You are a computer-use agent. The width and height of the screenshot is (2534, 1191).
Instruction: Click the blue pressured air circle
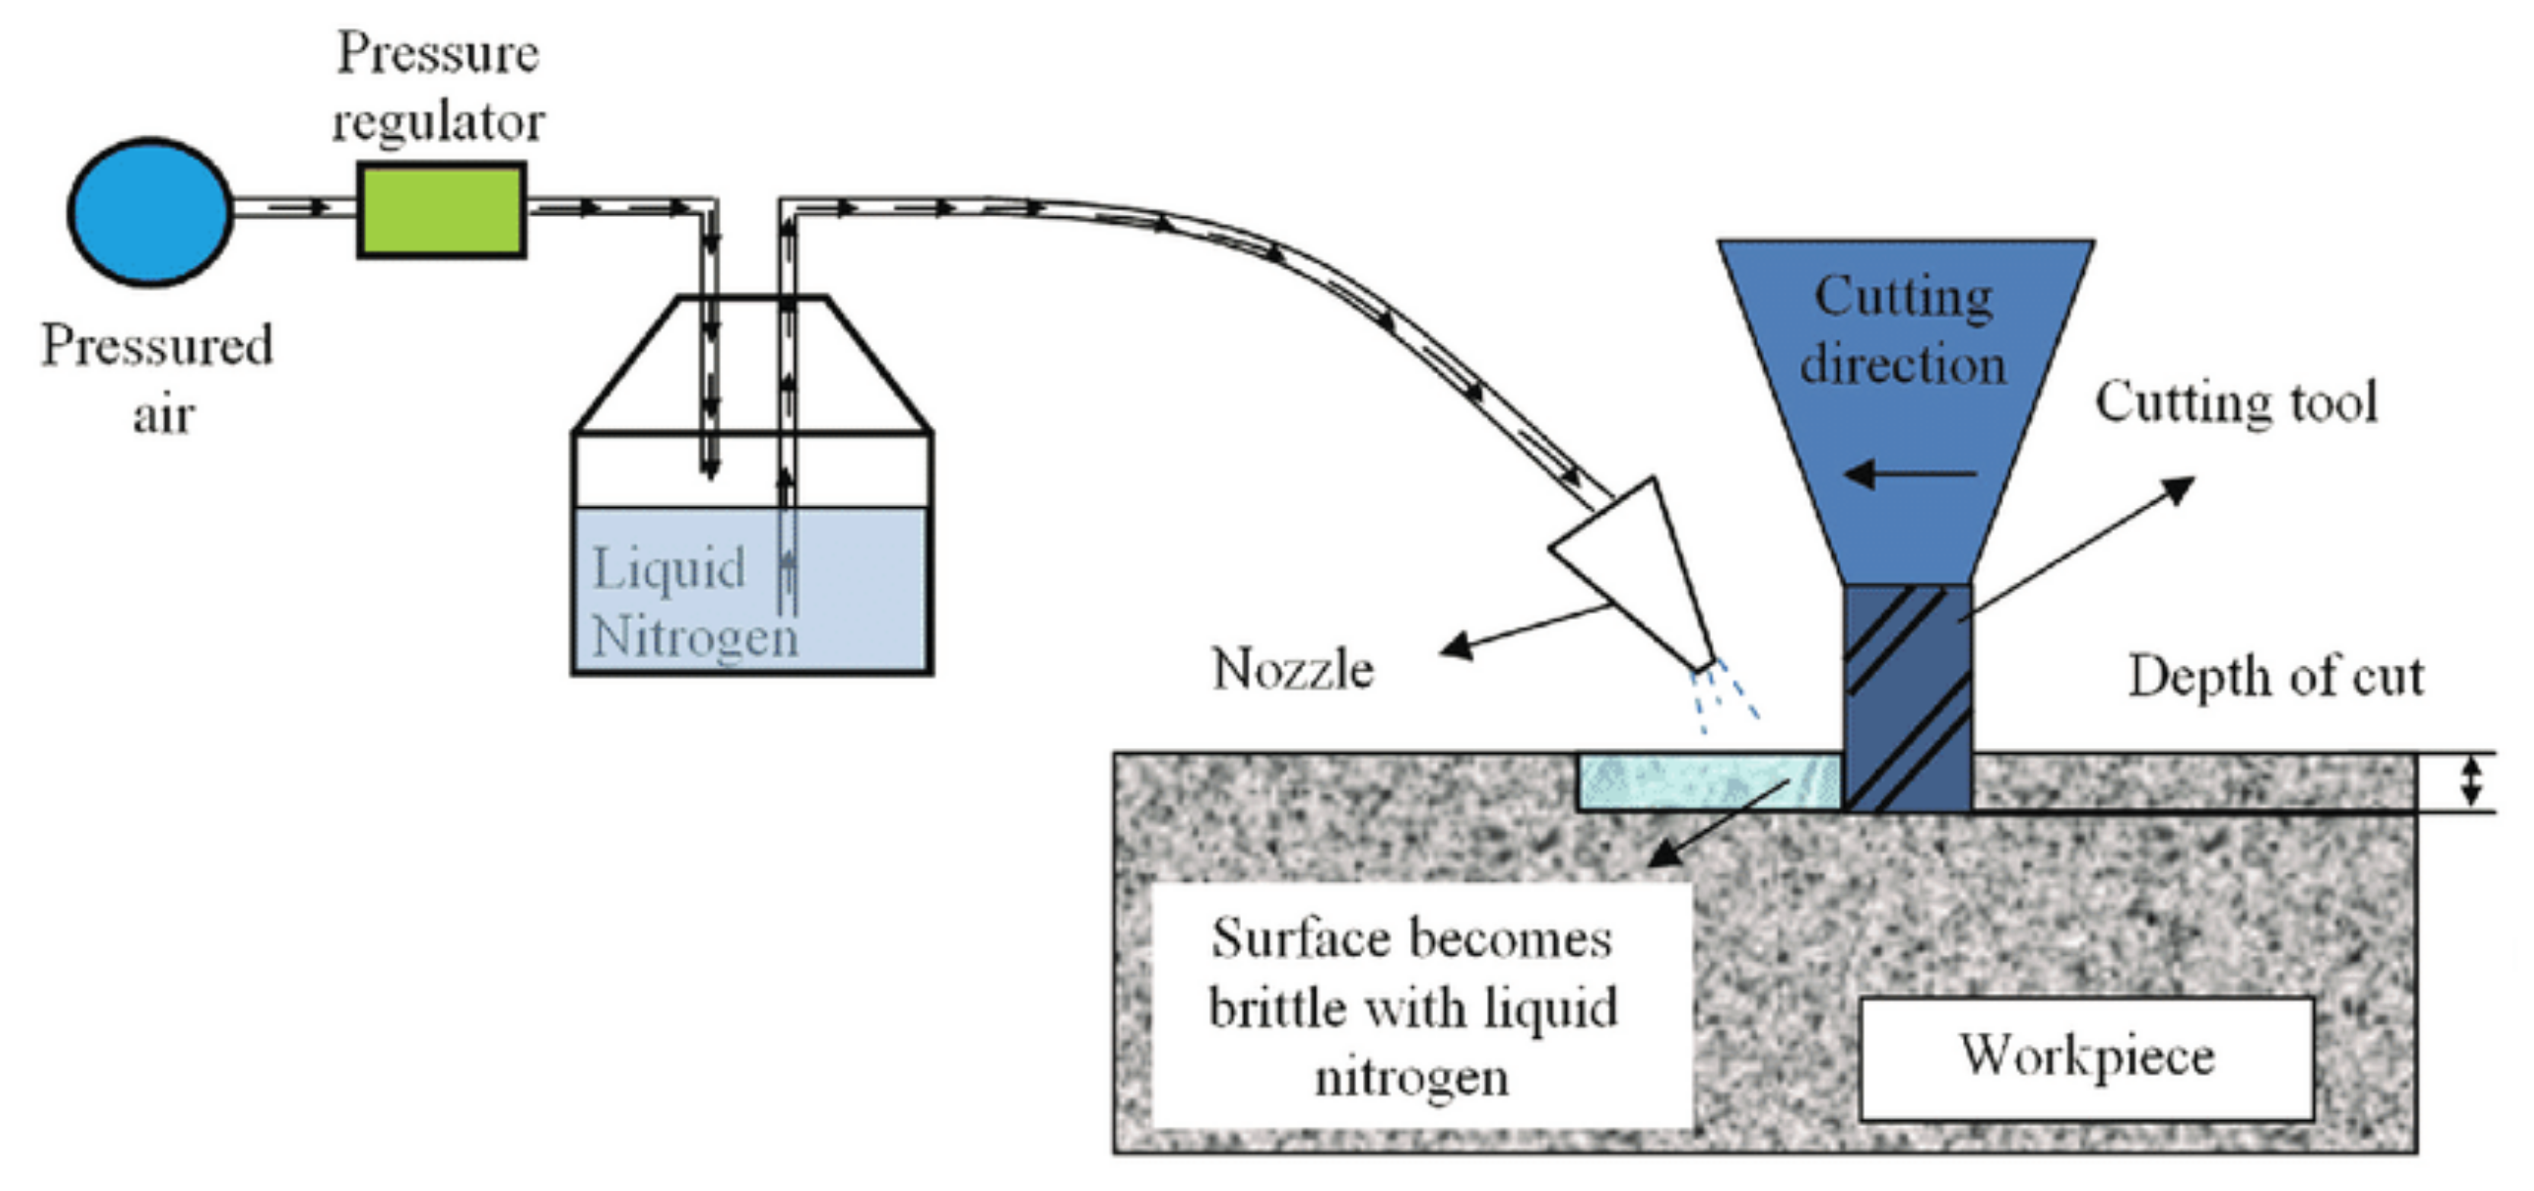149,212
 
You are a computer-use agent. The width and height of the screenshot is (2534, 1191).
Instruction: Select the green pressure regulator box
441,210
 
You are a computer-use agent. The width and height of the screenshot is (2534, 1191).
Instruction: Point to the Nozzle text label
1291,670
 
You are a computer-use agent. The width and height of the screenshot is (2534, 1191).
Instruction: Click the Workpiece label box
2086,1057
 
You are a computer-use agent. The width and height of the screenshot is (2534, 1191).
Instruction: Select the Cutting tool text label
2235,402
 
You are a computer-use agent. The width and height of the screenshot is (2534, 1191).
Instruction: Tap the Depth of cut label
2274,677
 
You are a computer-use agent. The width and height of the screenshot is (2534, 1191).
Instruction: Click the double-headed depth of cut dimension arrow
2470,783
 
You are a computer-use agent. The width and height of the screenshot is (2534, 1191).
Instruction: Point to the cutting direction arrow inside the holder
1908,474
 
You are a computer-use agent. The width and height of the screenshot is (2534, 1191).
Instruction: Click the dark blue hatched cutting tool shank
1907,698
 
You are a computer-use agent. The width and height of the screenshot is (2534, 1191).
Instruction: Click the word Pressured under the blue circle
156,346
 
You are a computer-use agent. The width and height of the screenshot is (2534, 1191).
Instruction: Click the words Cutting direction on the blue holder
1904,330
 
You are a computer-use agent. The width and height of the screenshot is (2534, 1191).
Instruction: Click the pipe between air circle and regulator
293,208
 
